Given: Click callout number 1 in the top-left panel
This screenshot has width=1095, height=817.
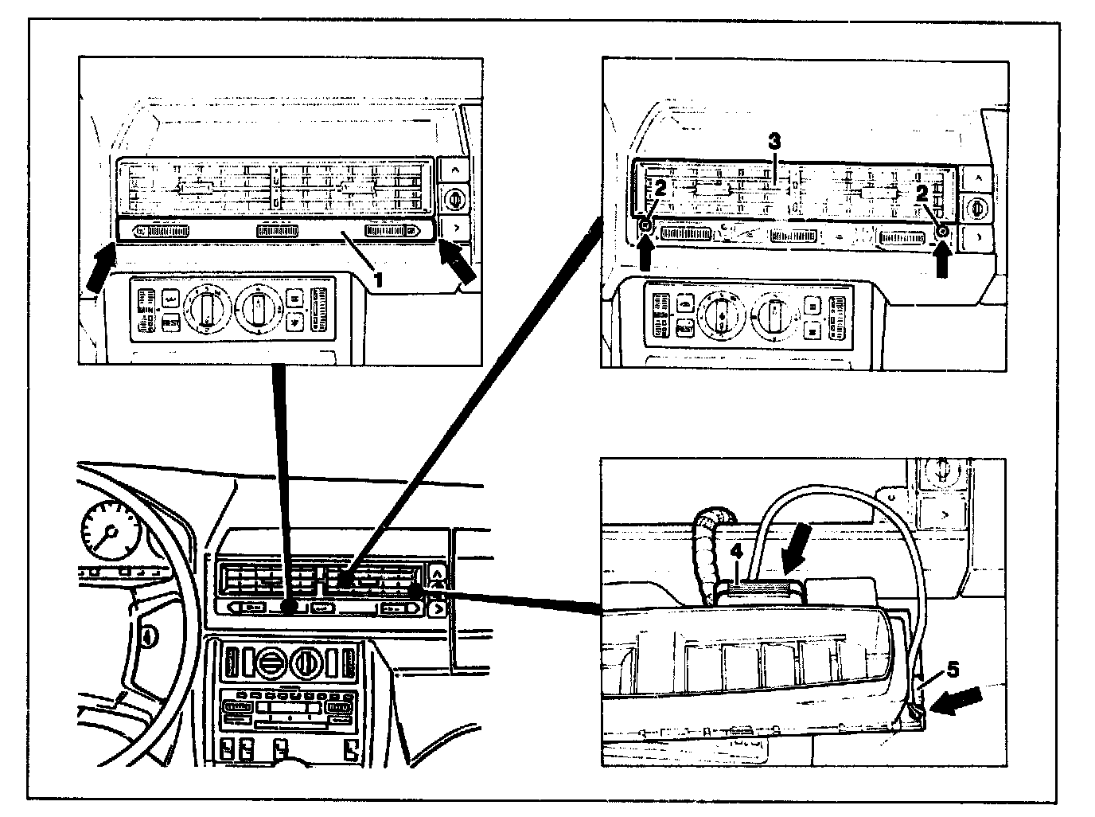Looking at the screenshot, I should point(380,279).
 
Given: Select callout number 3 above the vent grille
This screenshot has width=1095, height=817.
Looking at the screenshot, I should point(774,141).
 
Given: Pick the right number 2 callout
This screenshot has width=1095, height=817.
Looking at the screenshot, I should point(922,191).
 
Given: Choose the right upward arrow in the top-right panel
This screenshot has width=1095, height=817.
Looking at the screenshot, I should point(943,260).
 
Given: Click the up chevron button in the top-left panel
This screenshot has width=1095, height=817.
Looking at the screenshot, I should point(456,170).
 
